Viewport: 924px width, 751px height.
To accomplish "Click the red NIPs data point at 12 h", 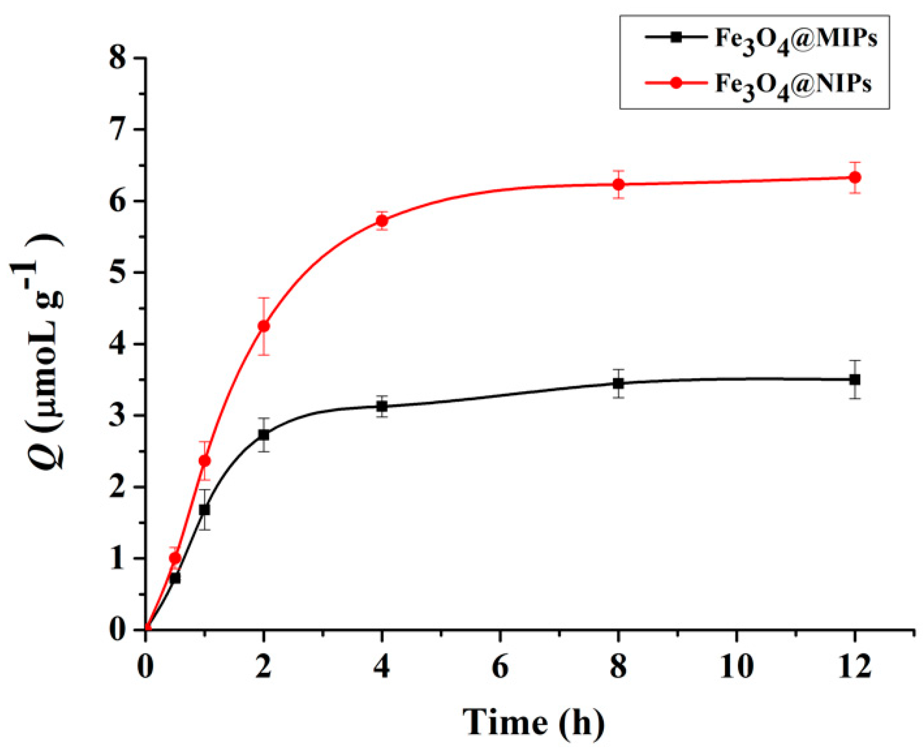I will (855, 178).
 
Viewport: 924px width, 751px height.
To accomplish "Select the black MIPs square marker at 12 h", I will (855, 380).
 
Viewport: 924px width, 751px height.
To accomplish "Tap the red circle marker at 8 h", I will (618, 184).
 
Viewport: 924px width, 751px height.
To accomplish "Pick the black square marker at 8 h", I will (618, 383).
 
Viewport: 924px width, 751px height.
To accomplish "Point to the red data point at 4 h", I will (382, 221).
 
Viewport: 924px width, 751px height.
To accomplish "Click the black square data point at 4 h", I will (382, 407).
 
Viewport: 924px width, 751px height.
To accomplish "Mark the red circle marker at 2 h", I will (263, 326).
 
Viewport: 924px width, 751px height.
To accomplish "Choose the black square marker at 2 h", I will (263, 435).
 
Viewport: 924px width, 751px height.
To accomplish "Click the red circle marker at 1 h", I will (204, 461).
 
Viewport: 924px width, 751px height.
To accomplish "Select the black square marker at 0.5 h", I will (175, 578).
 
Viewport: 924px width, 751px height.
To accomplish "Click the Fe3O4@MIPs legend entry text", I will (796, 39).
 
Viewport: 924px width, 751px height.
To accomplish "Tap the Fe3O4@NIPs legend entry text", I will (793, 84).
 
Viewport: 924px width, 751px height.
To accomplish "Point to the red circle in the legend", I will (676, 83).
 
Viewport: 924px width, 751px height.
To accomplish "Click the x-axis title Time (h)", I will (533, 722).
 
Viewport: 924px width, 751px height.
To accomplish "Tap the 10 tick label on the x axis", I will (736, 667).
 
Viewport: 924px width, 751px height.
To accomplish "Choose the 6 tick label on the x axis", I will (500, 667).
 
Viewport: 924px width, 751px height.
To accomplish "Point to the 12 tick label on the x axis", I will (855, 667).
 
